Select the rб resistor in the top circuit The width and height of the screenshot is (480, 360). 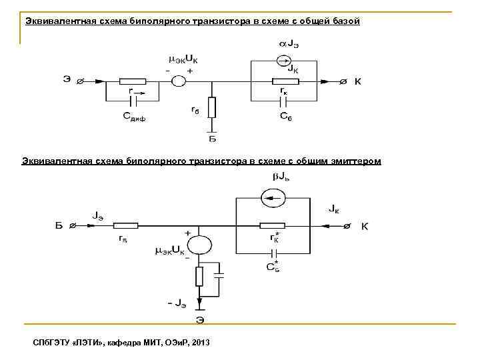[x=212, y=107]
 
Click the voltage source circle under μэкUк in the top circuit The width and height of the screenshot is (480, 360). [x=178, y=82]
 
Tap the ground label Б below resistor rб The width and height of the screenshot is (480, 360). [x=212, y=139]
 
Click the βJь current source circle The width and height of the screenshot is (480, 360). [x=273, y=197]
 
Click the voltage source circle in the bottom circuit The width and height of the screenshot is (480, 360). [x=199, y=246]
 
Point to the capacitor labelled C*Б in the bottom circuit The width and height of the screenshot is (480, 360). [x=273, y=253]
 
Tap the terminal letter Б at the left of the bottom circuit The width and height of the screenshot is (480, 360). [x=59, y=227]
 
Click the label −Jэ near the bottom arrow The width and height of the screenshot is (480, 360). [x=177, y=303]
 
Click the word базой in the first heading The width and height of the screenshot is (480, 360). [x=343, y=21]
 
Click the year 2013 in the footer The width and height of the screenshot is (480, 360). [x=200, y=342]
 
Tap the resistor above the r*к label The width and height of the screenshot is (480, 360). [x=273, y=226]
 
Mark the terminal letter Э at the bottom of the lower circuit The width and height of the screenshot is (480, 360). [x=199, y=319]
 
